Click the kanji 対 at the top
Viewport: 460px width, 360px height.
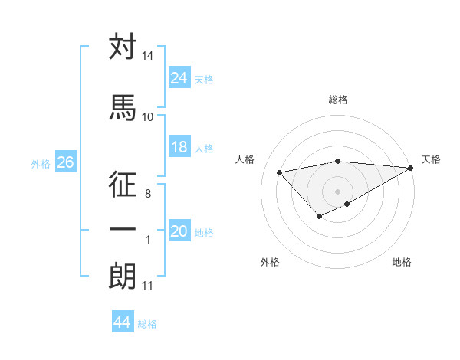coord(123,47)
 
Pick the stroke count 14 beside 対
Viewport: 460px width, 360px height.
coord(147,57)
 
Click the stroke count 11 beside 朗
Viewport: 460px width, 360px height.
coord(147,286)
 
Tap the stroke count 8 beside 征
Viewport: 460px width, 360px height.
coord(147,195)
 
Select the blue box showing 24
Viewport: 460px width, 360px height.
coord(179,77)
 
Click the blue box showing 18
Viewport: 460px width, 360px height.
coord(179,147)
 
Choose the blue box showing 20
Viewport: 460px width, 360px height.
coord(179,231)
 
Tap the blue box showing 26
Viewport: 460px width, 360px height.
coord(65,162)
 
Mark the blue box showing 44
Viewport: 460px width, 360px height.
coord(122,322)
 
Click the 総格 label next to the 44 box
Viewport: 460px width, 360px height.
coord(147,324)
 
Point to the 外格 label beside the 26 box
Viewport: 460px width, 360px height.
coord(41,164)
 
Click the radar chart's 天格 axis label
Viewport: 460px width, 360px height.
coord(431,159)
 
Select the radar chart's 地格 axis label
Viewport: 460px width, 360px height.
coord(402,262)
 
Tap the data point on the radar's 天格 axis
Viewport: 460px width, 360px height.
coord(412,168)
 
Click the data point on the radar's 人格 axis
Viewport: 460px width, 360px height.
coord(280,172)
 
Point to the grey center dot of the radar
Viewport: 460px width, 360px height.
coord(337,190)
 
